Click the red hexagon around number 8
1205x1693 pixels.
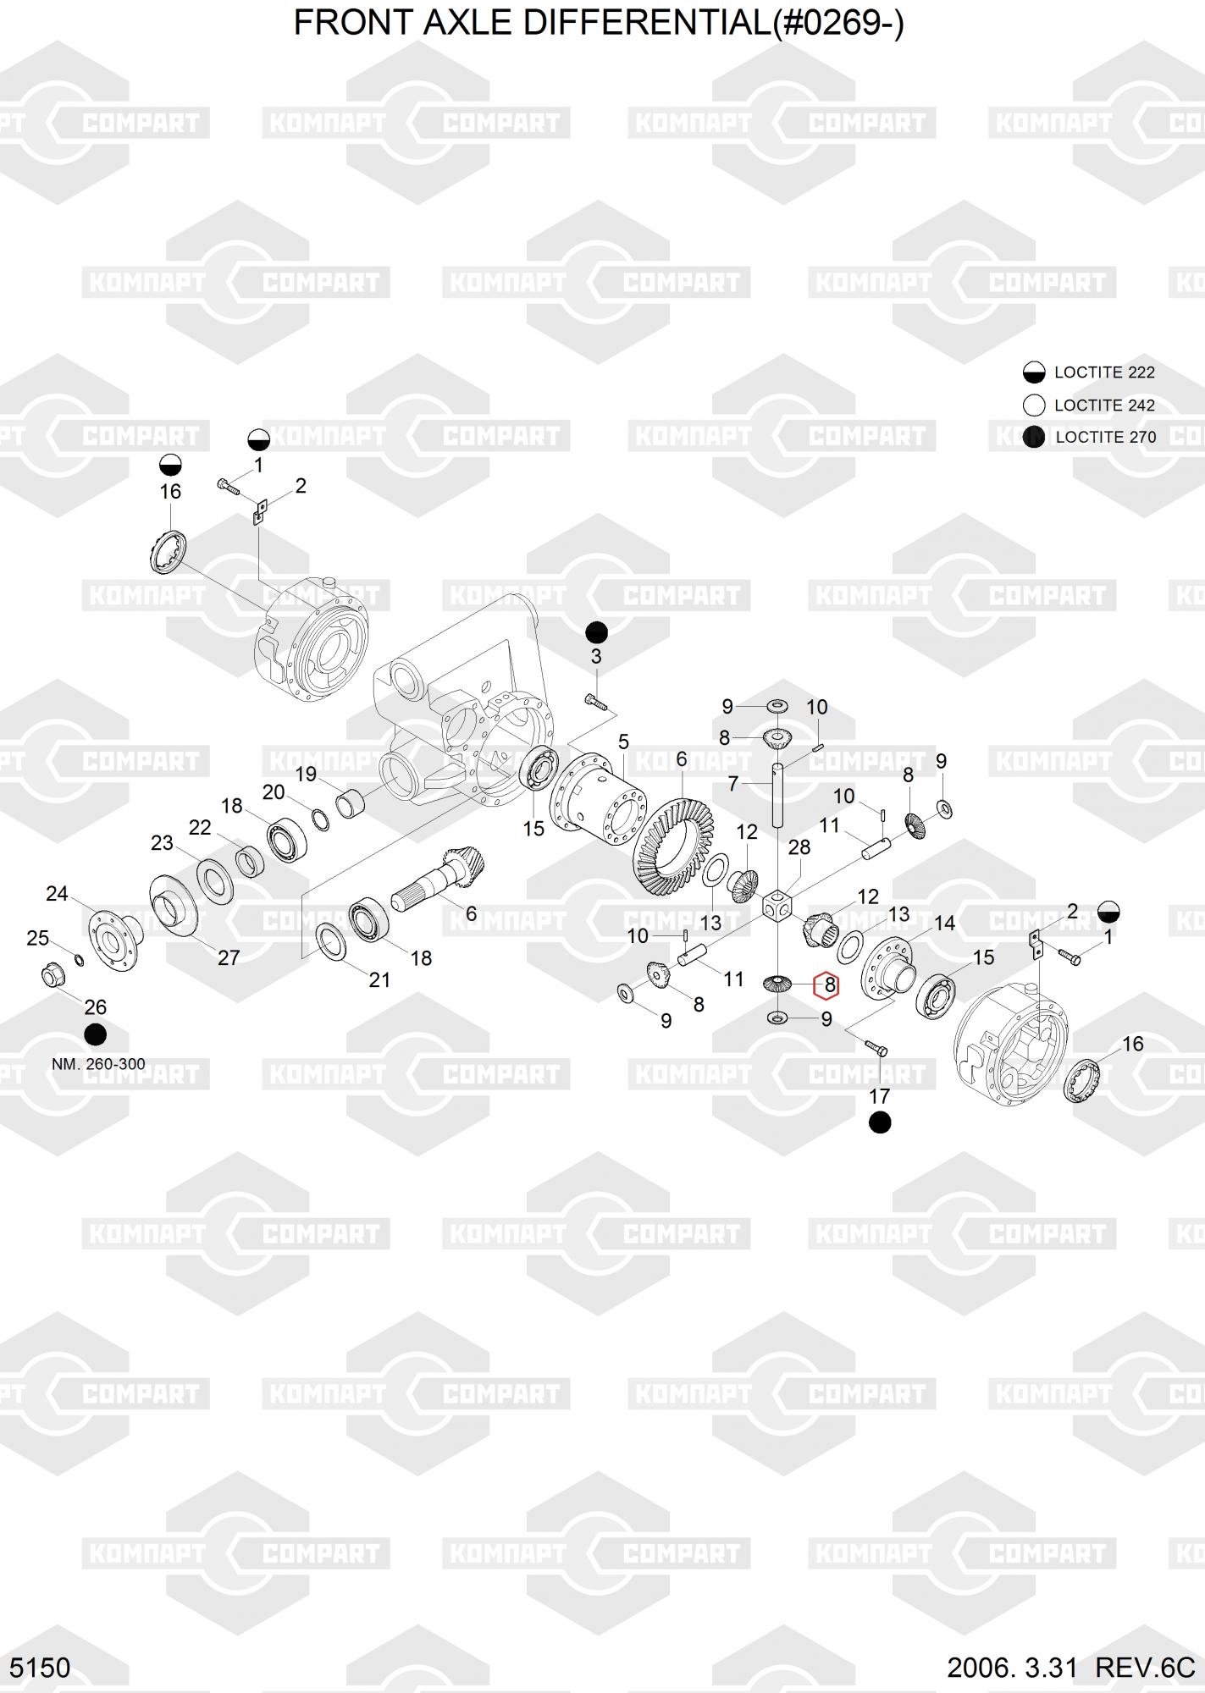(x=826, y=985)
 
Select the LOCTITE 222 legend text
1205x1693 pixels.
(x=1104, y=372)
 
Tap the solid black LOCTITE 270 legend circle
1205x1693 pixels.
(x=1033, y=437)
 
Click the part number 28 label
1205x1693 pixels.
(x=799, y=846)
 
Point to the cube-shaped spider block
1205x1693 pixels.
(x=777, y=907)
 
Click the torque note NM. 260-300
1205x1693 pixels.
(x=98, y=1064)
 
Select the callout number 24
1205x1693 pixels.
(x=57, y=894)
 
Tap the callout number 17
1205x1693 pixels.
(x=879, y=1096)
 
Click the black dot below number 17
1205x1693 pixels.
(x=880, y=1123)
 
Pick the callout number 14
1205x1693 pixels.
(x=944, y=923)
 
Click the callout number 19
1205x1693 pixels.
(x=306, y=774)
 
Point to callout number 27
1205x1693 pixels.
(x=229, y=957)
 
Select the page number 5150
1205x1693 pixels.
(x=40, y=1668)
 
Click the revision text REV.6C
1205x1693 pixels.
(x=1144, y=1668)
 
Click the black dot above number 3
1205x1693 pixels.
(x=597, y=632)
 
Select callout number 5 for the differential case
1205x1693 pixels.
(x=623, y=742)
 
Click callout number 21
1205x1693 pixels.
(x=379, y=979)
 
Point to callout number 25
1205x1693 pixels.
(x=38, y=938)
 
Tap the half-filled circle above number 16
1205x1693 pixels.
(x=170, y=465)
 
